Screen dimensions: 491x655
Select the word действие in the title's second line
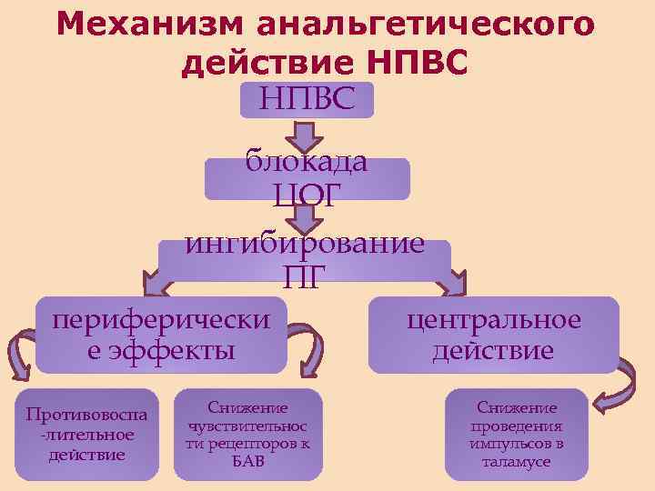pos(265,64)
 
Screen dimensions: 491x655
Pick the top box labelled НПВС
pos(307,97)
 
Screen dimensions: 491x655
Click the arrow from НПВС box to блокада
pos(307,137)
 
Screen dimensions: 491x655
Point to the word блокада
pos(307,163)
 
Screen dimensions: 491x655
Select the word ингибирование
pos(305,244)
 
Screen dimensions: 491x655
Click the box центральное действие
pos(492,335)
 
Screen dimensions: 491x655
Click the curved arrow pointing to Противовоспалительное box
pos(17,356)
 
